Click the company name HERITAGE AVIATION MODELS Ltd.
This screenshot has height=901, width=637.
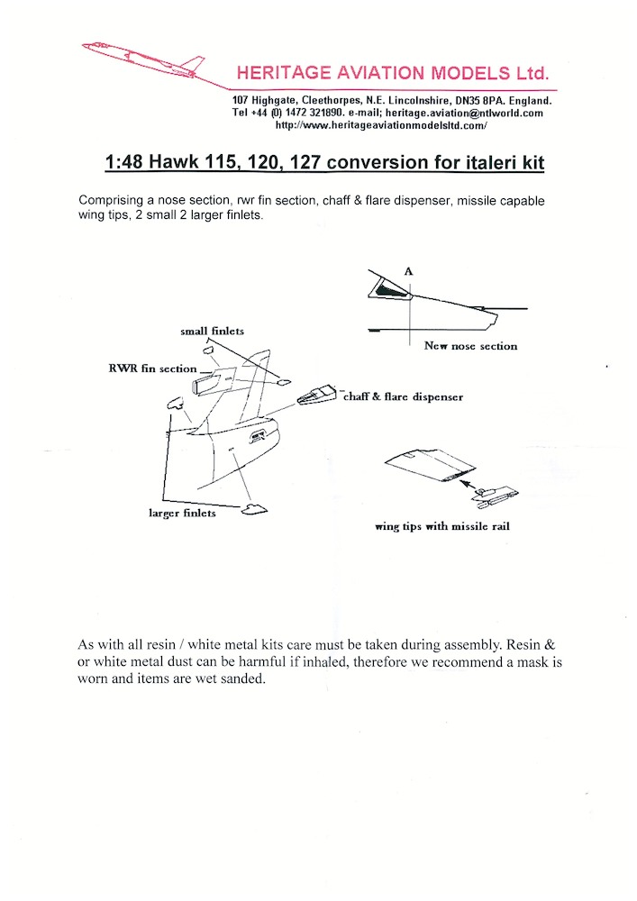[391, 73]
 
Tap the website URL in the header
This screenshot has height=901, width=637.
[380, 126]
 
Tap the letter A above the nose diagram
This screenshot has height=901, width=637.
[408, 269]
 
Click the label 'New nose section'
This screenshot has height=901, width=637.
[470, 346]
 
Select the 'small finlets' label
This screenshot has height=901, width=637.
[212, 332]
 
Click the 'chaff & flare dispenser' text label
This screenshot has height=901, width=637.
[402, 396]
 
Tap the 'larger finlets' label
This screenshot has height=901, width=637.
[182, 513]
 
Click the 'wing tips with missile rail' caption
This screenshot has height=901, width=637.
[441, 526]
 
